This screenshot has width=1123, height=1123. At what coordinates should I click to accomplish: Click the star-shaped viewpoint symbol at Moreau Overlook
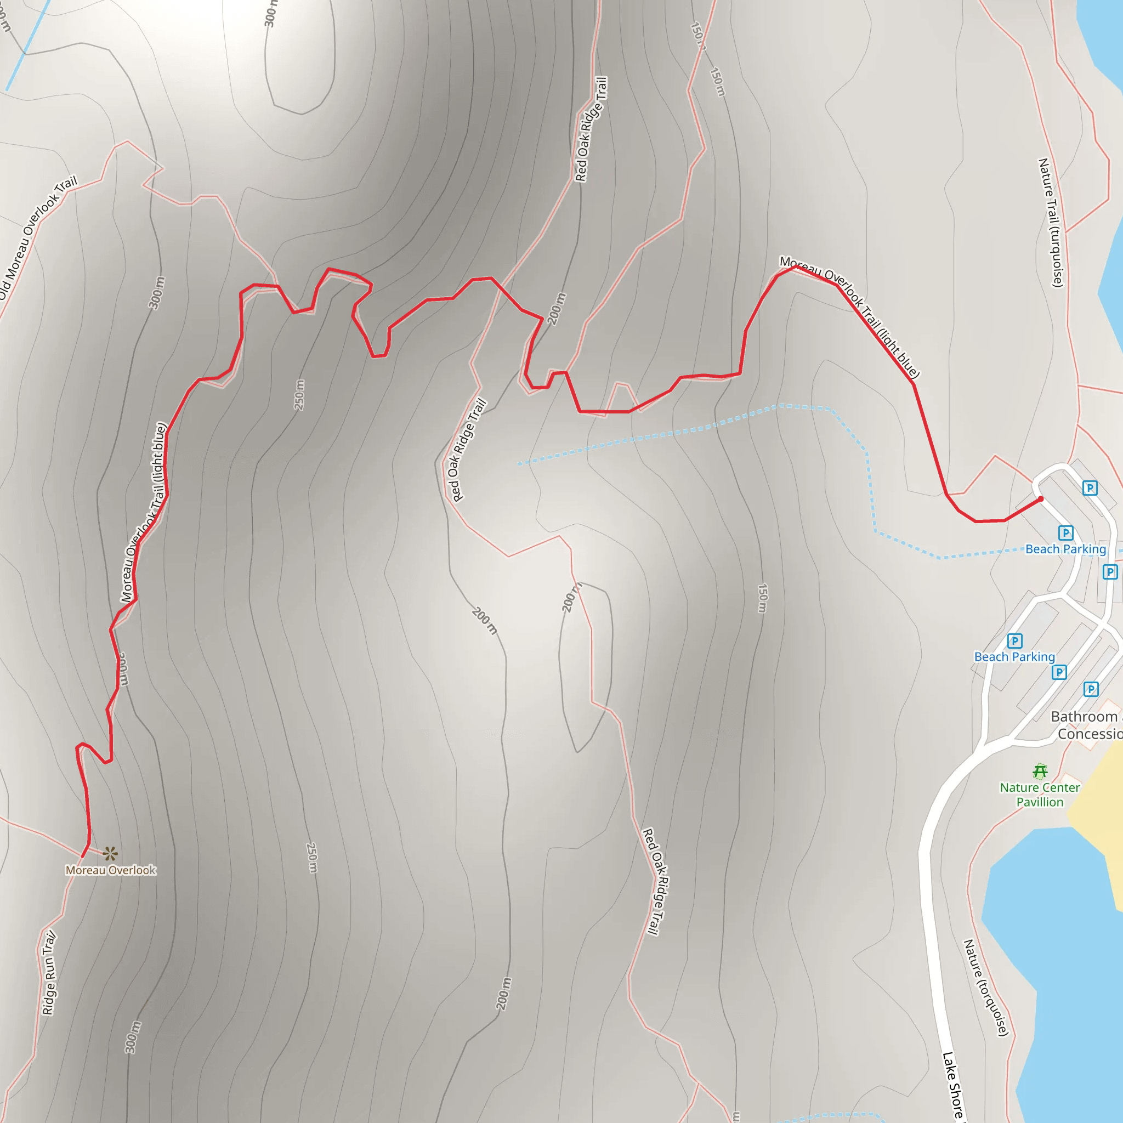coord(110,854)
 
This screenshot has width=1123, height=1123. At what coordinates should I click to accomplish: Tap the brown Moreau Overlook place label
coord(110,870)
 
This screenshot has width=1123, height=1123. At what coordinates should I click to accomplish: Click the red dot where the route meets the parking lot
coord(1040,500)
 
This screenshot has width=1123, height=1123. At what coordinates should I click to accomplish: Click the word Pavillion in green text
coord(1040,802)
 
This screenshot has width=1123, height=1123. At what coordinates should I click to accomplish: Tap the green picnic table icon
coord(1040,772)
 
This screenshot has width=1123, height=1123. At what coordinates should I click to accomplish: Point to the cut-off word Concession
coord(1090,734)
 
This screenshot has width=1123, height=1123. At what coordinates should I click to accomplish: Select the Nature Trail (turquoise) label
coord(1051,223)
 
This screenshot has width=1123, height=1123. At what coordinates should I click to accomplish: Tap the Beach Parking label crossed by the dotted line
coord(1065,549)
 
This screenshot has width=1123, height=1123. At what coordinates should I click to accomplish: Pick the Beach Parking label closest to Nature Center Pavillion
coord(1014,657)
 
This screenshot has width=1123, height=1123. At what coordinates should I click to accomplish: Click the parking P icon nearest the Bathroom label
coord(1091,689)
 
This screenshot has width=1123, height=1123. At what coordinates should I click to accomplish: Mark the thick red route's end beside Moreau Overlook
coord(83,855)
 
